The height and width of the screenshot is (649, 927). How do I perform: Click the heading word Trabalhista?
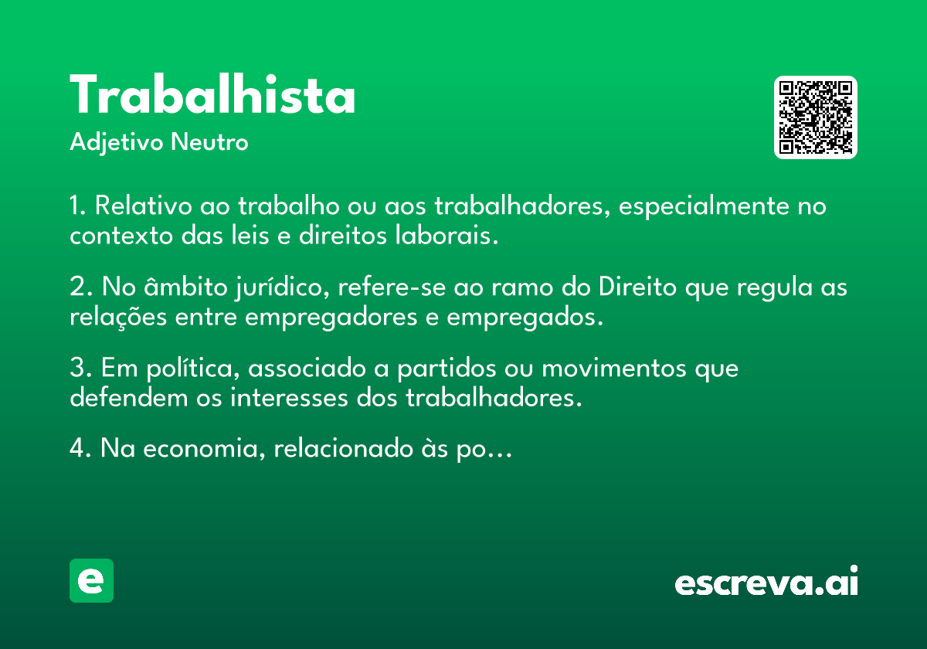click(212, 94)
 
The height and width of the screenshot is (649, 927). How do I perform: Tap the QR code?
click(815, 117)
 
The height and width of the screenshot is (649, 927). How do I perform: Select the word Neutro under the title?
click(209, 142)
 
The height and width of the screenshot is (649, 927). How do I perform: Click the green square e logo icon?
click(91, 580)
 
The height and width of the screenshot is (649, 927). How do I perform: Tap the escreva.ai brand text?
click(766, 581)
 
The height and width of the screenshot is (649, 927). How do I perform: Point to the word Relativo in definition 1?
click(144, 206)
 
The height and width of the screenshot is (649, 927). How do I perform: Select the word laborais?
click(447, 235)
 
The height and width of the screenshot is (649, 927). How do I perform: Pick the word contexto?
click(121, 236)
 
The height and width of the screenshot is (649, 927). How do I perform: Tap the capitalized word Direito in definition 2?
click(638, 287)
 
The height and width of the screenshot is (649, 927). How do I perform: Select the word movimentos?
click(614, 368)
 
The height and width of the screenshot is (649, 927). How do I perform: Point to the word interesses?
click(289, 398)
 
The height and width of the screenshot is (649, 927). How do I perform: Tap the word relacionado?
click(344, 448)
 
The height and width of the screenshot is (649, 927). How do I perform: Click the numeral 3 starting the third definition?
click(77, 367)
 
